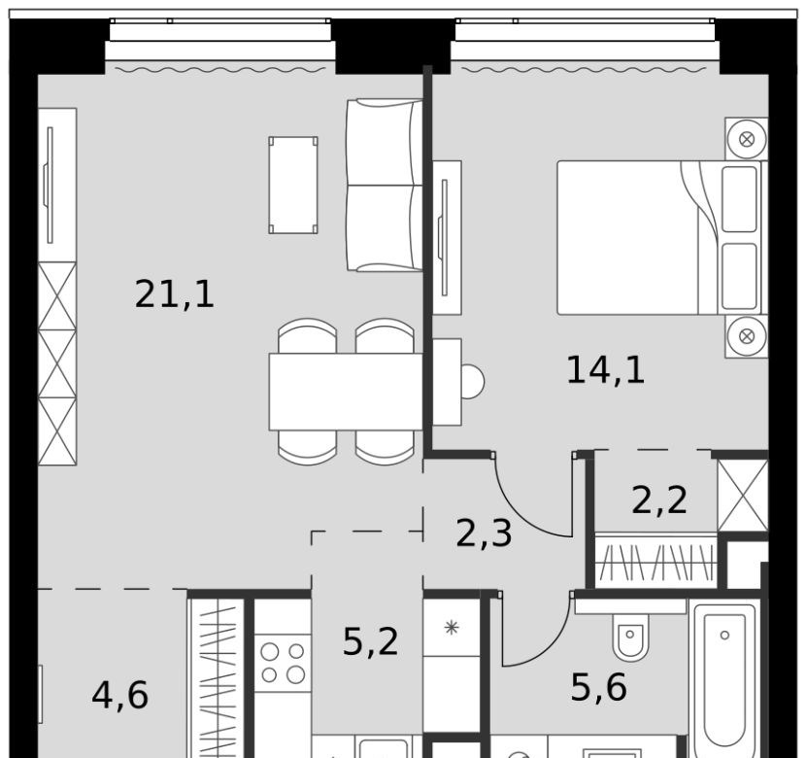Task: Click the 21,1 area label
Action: [174, 293]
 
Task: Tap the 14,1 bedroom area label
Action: [606, 369]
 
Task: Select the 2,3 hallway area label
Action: [484, 534]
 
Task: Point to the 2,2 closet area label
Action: [659, 500]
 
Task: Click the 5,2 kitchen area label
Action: [371, 641]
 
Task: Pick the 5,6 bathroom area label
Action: [599, 688]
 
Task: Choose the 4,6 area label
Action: [120, 695]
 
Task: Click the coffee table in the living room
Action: [293, 186]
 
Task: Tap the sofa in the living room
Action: [385, 186]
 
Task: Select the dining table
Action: [346, 392]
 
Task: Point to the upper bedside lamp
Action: [747, 139]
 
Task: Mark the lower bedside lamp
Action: [747, 336]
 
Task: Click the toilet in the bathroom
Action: [631, 637]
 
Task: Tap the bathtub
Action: [724, 678]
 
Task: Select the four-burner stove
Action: [283, 663]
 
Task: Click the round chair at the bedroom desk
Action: [472, 382]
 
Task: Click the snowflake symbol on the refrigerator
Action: [452, 628]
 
